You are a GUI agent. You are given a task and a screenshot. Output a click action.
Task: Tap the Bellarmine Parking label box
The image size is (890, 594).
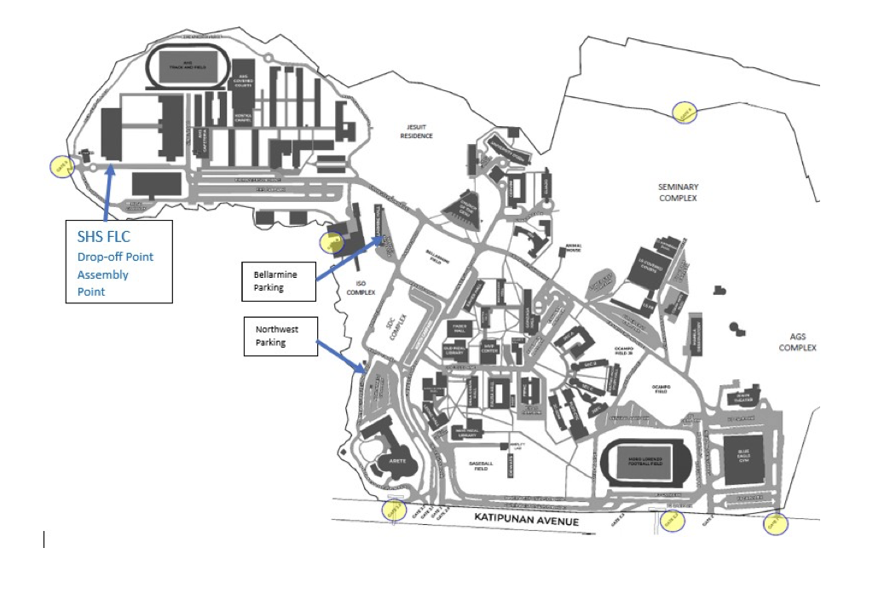coord(279,281)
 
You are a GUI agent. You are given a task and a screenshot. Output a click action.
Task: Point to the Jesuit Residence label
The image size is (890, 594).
coord(417,131)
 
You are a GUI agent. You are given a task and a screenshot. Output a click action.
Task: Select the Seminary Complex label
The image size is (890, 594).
coord(678,193)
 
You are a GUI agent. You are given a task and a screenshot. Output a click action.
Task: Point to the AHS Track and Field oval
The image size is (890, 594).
coord(188,65)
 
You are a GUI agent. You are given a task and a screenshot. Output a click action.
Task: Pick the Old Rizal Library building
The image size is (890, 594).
coord(454,351)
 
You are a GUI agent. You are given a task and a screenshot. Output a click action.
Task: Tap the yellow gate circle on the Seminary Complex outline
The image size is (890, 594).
coord(685,112)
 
